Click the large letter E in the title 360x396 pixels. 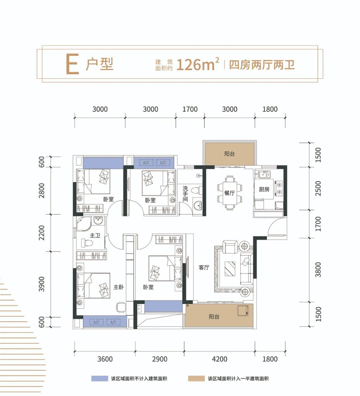point(72,65)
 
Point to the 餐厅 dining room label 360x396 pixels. point(229,193)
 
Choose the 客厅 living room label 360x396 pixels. point(204,267)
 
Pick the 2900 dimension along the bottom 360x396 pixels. point(160,359)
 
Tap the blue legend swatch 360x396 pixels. point(100,379)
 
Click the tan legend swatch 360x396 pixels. point(197,379)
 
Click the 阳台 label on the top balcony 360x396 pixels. point(229,154)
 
